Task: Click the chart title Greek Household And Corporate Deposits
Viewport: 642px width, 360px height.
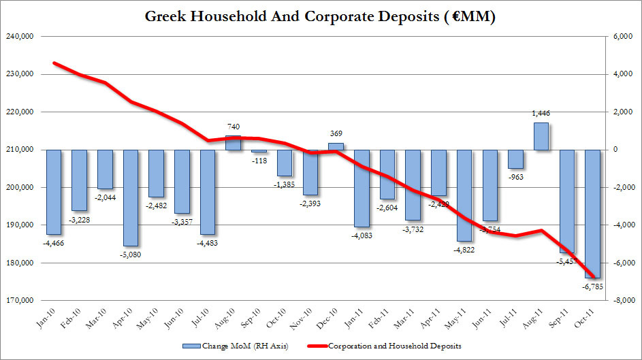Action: coord(320,16)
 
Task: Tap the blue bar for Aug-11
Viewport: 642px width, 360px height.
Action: coord(541,136)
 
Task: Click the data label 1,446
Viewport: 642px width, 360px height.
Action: coord(542,115)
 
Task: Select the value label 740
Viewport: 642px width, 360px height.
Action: coord(234,128)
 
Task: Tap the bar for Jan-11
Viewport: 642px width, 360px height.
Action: coord(362,188)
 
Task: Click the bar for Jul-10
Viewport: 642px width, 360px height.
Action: coord(208,192)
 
